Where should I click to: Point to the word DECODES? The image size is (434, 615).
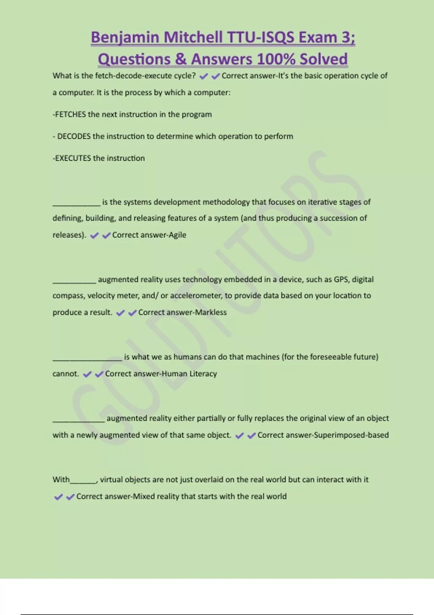click(x=74, y=136)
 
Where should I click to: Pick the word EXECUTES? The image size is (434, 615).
click(x=73, y=158)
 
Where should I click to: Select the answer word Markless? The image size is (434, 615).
click(x=211, y=313)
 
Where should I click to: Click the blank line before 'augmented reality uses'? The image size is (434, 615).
click(x=74, y=282)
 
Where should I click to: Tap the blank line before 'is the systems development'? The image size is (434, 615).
click(x=76, y=205)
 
